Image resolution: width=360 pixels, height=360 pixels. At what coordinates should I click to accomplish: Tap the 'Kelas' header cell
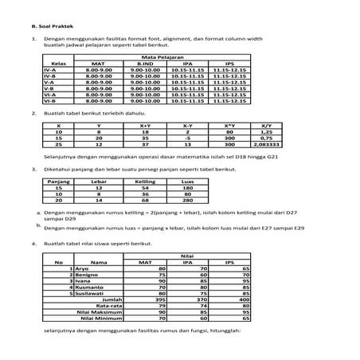pyautogui.click(x=57, y=65)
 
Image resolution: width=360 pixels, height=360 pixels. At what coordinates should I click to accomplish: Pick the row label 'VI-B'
pyautogui.click(x=49, y=101)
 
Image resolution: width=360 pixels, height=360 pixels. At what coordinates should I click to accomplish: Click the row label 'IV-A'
pyautogui.click(x=49, y=70)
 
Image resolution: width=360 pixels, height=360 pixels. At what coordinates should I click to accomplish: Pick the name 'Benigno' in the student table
pyautogui.click(x=89, y=274)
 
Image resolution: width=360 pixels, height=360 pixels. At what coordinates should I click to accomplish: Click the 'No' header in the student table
pyautogui.click(x=58, y=261)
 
